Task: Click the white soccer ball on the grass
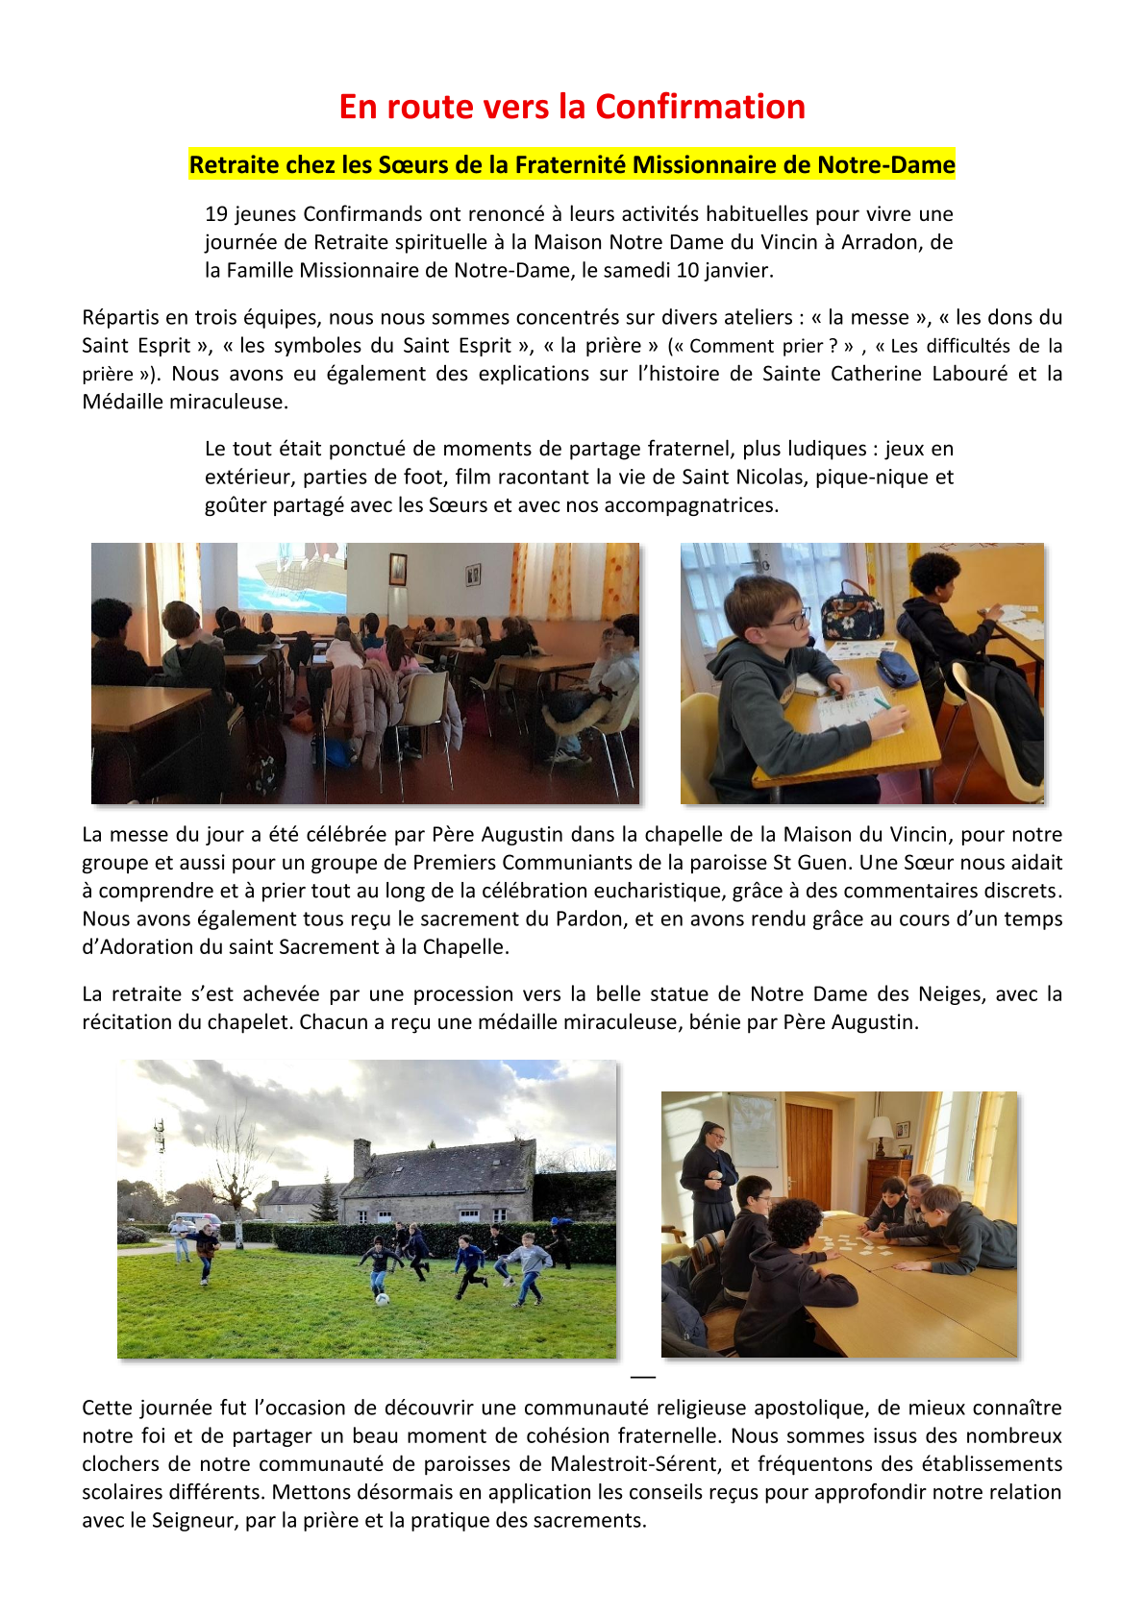click(383, 1299)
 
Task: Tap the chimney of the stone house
click(361, 1157)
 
